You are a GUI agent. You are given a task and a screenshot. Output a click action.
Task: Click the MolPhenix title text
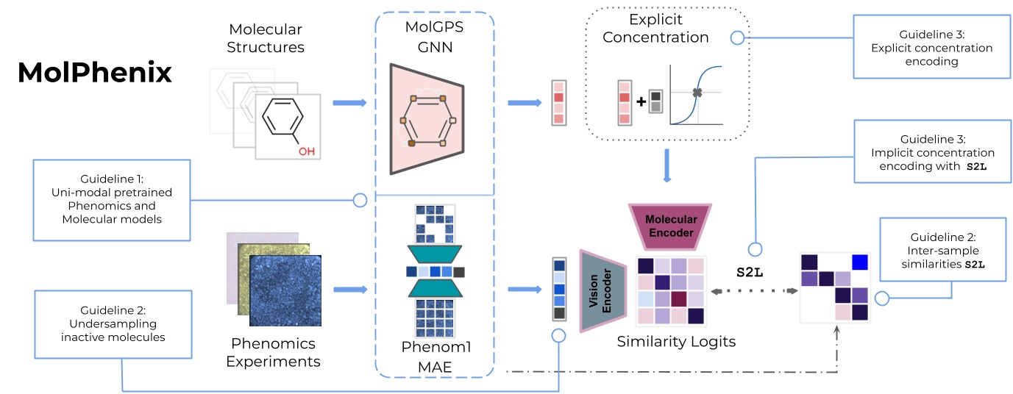pos(94,73)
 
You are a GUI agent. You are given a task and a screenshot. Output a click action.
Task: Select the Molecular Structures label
pos(266,38)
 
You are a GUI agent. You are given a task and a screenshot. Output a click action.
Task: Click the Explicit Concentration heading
pos(655,29)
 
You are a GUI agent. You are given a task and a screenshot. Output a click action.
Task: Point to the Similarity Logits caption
pos(675,341)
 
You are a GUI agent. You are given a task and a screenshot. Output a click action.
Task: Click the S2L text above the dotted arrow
pos(750,271)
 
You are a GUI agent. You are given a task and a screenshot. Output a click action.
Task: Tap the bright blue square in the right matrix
pos(860,262)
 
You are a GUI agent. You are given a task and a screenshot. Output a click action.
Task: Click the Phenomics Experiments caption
pos(273,352)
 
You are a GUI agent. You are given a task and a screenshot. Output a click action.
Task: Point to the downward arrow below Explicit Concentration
pos(667,165)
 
